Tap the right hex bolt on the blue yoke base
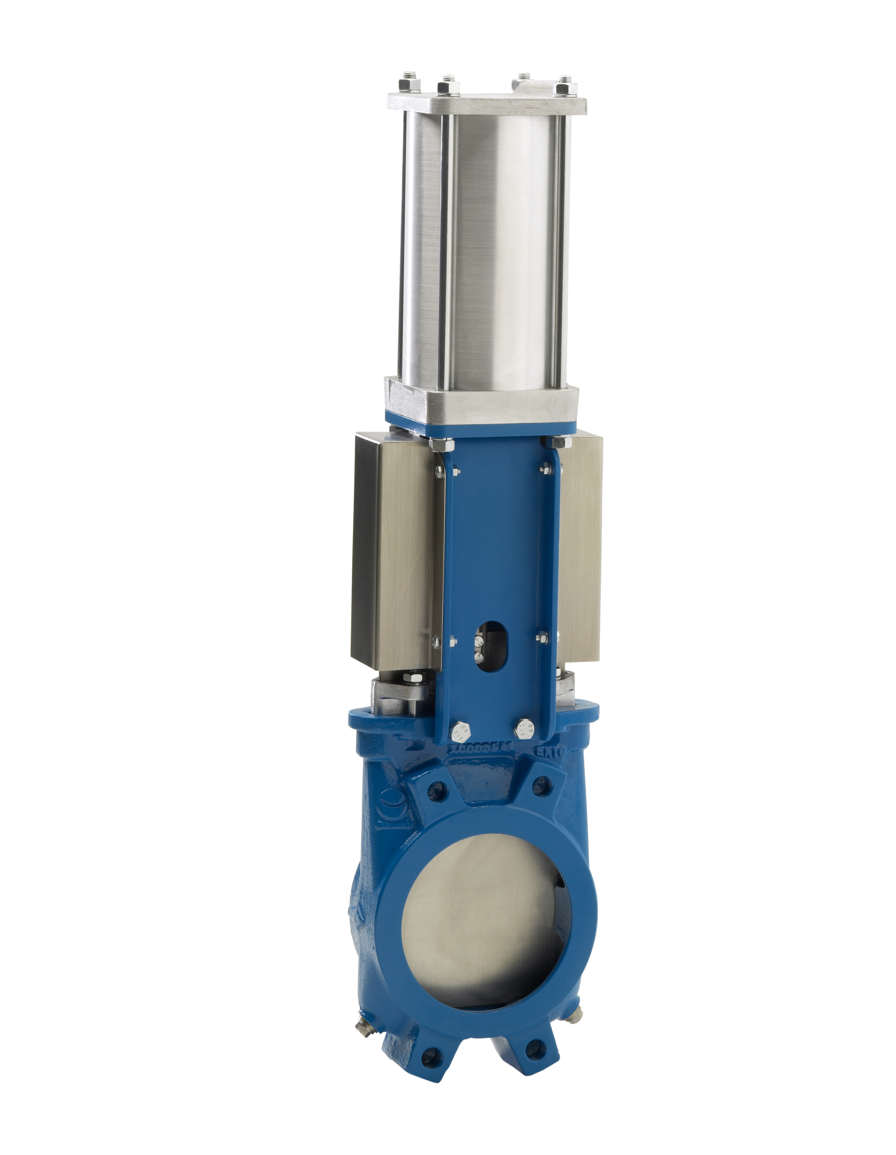[524, 728]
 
